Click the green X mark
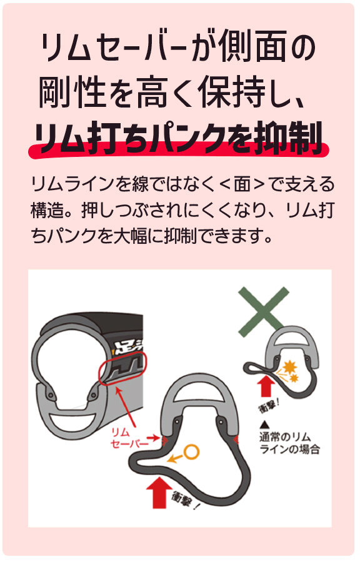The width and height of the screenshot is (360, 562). (x=264, y=312)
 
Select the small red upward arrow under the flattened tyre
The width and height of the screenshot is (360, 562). (x=266, y=385)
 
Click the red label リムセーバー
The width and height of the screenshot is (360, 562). (x=129, y=438)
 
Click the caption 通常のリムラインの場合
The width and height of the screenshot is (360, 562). (x=289, y=443)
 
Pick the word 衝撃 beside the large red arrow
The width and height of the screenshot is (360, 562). (x=185, y=501)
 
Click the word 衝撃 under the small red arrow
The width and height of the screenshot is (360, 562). (x=268, y=406)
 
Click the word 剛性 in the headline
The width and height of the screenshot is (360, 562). (x=72, y=92)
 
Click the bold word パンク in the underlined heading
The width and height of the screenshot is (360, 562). (x=188, y=138)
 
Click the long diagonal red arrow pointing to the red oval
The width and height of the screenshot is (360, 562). (x=126, y=408)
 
